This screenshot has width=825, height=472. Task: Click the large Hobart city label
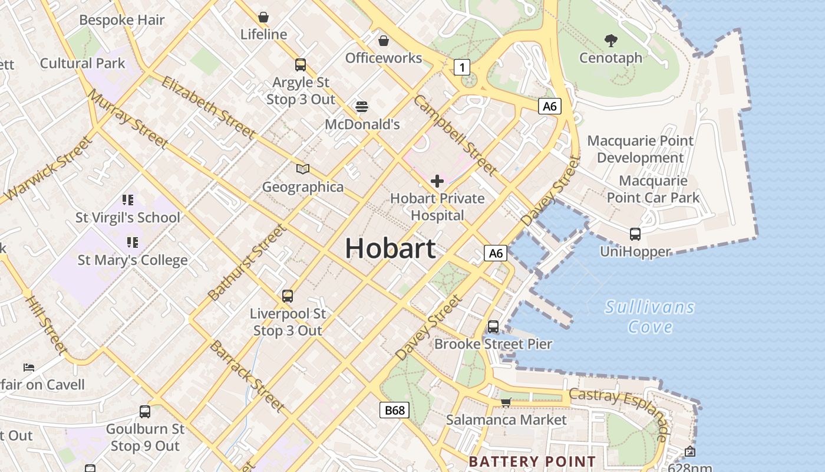pos(390,248)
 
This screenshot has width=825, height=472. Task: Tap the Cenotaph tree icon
pos(611,41)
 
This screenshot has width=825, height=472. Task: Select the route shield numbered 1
pos(462,67)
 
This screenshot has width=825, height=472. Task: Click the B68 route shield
pos(394,410)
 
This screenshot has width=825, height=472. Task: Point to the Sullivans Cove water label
pos(650,317)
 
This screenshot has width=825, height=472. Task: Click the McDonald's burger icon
pos(362,107)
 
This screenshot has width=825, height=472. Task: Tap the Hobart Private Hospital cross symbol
pos(437,181)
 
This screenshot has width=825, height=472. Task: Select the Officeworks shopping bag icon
pos(384,41)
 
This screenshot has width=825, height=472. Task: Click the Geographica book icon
pos(303,169)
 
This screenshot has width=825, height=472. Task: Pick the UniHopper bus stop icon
pos(635,234)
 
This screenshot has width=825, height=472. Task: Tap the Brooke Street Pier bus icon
pos(493,326)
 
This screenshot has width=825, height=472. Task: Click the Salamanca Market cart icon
pos(506,402)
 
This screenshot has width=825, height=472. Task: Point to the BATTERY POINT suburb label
pos(532,461)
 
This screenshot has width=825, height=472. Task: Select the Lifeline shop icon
pos(263,17)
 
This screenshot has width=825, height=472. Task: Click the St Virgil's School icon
pos(128,200)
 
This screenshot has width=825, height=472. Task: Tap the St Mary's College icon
pos(133,242)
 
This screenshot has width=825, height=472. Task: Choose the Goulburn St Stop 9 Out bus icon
pos(145,411)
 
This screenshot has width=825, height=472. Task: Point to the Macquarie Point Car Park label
pos(654,189)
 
